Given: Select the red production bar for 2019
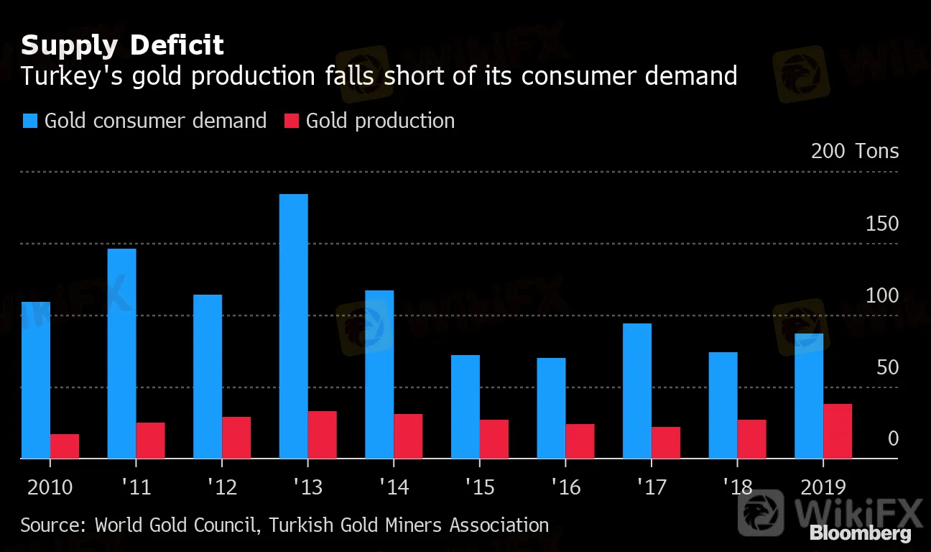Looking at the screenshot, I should pyautogui.click(x=838, y=431).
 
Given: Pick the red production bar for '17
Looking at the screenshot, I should pyautogui.click(x=666, y=443).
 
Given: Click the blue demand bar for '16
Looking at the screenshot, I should pyautogui.click(x=551, y=408).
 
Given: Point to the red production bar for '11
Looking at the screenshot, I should pyautogui.click(x=150, y=440).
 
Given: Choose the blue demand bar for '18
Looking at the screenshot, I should pyautogui.click(x=723, y=405).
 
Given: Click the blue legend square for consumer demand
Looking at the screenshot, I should pyautogui.click(x=30, y=121).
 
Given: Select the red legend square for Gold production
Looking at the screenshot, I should pyautogui.click(x=291, y=121).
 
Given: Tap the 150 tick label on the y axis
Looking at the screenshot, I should pyautogui.click(x=881, y=224).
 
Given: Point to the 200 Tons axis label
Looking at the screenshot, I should pyautogui.click(x=855, y=151).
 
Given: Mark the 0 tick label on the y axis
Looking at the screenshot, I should pyautogui.click(x=893, y=438).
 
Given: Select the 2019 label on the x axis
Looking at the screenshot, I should pyautogui.click(x=823, y=487).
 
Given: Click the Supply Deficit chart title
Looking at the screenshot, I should pyautogui.click(x=122, y=45).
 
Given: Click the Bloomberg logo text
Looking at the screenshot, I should pyautogui.click(x=861, y=533).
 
